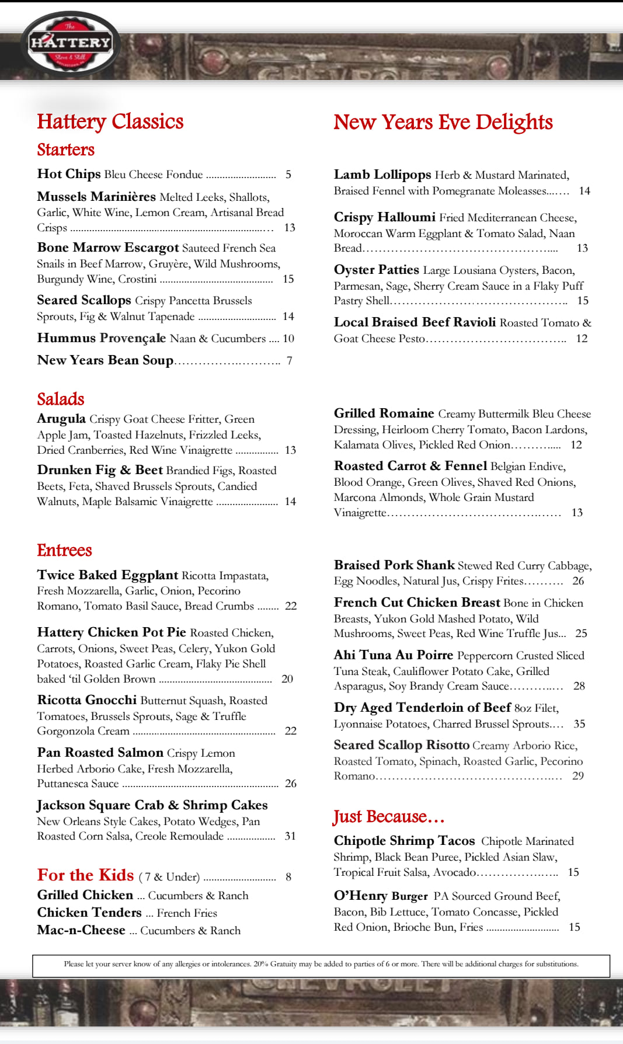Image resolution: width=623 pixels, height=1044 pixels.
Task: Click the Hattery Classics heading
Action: [110, 121]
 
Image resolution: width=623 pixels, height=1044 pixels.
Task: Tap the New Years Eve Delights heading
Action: [443, 122]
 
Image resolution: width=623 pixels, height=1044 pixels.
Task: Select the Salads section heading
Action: [61, 399]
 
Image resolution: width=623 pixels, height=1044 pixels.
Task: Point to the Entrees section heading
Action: [64, 550]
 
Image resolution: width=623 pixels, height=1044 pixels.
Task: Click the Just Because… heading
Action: [388, 816]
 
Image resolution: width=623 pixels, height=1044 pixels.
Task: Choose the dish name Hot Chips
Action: [69, 174]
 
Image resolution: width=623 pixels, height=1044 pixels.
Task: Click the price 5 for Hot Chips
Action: [288, 175]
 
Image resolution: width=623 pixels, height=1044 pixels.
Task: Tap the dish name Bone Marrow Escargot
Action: [108, 248]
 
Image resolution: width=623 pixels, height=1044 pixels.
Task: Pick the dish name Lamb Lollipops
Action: [382, 175]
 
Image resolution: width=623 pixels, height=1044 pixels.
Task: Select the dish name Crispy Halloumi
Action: [385, 217]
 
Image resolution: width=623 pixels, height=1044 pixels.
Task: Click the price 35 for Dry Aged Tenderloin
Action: [579, 724]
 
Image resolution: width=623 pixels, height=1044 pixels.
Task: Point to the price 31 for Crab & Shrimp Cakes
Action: [290, 836]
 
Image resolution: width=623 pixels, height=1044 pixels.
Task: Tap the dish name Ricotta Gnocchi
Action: [87, 700]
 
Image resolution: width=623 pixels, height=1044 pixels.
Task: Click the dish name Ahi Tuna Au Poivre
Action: [394, 655]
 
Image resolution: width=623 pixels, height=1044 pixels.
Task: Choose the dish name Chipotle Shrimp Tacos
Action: [404, 841]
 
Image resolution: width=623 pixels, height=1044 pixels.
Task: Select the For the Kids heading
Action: [86, 875]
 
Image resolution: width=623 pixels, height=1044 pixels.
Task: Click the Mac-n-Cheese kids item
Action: [81, 930]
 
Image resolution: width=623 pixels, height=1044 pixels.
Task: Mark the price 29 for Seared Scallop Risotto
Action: [578, 776]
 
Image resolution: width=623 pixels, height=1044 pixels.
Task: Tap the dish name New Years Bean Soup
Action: [106, 360]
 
